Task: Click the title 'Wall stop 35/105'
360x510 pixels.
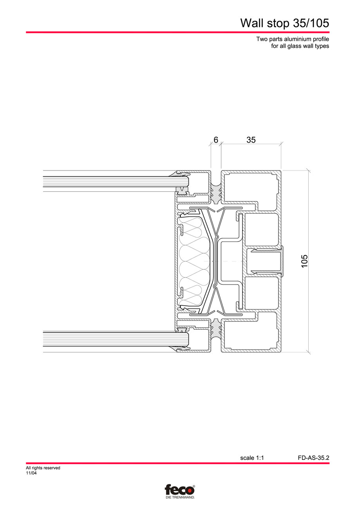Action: [x=284, y=23]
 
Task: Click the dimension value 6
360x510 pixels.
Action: [x=216, y=140]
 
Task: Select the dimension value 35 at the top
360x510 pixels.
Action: [x=251, y=140]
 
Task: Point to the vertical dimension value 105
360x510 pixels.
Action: [x=304, y=261]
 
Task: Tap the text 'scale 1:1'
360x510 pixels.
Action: [x=252, y=457]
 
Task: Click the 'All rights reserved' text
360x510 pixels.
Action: [x=43, y=468]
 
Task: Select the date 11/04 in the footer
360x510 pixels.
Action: [x=31, y=473]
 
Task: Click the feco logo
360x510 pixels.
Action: [x=179, y=490]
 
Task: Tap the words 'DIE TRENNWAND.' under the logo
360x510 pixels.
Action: [x=179, y=497]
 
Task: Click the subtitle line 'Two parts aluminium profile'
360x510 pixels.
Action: [x=292, y=39]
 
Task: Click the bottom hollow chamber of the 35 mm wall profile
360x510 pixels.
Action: [x=251, y=335]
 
